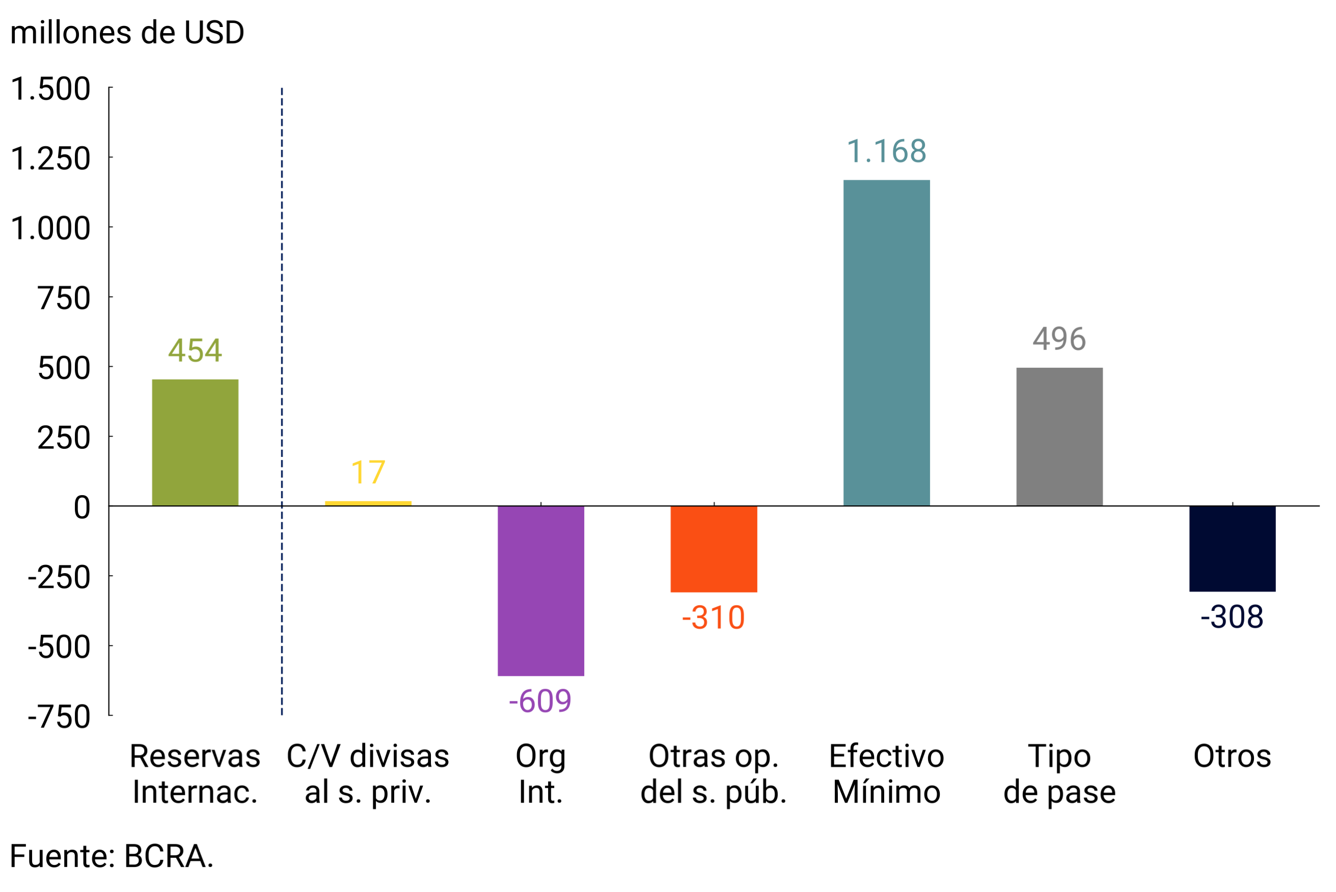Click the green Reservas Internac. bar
[x=195, y=443]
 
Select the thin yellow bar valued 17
[x=368, y=503]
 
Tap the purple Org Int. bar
[x=540, y=590]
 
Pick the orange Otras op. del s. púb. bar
[x=713, y=549]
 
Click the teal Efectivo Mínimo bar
[x=886, y=342]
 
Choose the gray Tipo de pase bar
[x=1059, y=437]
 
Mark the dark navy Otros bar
[x=1232, y=549]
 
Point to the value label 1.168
[x=886, y=151]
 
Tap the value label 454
[x=195, y=350]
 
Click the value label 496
[x=1059, y=339]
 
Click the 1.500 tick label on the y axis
[x=50, y=89]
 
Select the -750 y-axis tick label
[x=59, y=717]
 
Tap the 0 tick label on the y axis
[x=82, y=507]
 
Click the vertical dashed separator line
[x=282, y=398]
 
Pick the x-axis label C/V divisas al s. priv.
[x=368, y=774]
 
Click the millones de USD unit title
[x=127, y=33]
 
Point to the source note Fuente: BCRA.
[x=112, y=856]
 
